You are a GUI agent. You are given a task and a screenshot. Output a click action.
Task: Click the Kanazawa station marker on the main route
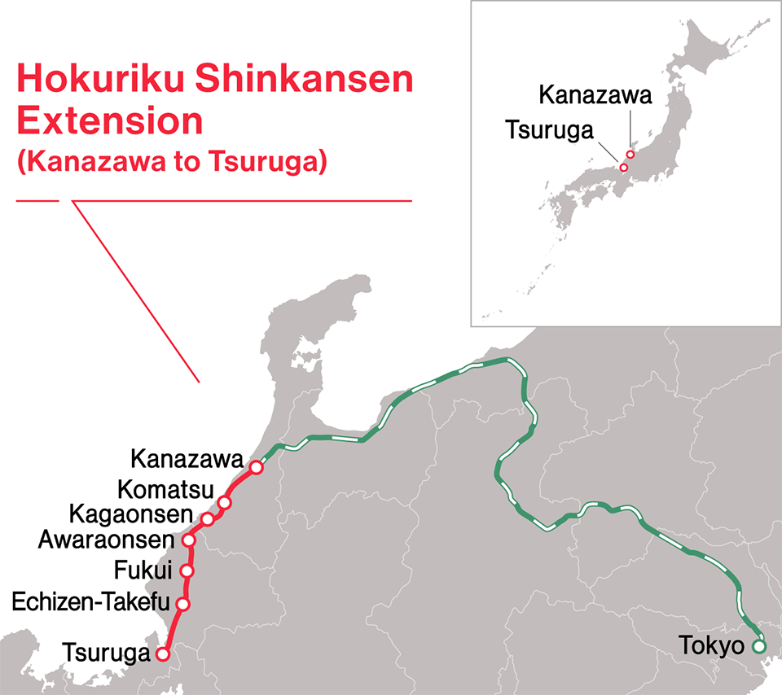(x=257, y=467)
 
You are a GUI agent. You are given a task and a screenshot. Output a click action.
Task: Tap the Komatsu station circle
(x=225, y=502)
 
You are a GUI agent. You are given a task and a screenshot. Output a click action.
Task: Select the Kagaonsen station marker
(x=208, y=519)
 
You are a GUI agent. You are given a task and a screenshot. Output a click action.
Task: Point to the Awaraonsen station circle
(x=189, y=540)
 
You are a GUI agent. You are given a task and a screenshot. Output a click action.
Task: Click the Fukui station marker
(x=188, y=570)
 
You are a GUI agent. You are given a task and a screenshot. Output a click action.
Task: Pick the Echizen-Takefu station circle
(x=183, y=604)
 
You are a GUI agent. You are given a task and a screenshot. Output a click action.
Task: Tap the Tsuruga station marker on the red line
(x=163, y=653)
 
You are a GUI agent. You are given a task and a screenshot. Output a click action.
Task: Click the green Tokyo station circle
(x=759, y=648)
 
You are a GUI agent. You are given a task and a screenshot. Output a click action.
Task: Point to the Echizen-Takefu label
(x=91, y=603)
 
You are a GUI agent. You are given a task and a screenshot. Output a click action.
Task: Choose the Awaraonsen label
(x=107, y=540)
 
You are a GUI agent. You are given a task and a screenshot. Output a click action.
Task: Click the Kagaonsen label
(x=131, y=515)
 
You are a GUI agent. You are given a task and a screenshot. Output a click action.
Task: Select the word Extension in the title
(x=109, y=120)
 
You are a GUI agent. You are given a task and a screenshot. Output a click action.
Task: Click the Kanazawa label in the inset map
(x=595, y=96)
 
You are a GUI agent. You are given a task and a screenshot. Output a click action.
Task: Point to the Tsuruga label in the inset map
(x=549, y=130)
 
